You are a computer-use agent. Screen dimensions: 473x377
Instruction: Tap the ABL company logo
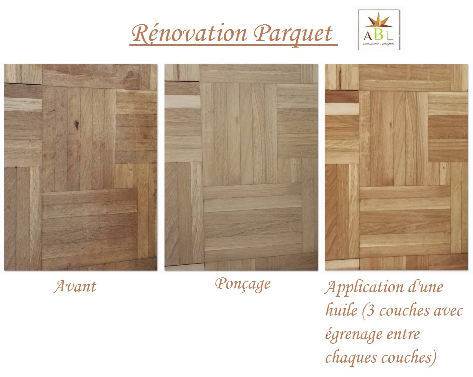click(x=379, y=30)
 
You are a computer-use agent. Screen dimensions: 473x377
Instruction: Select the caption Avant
click(x=75, y=286)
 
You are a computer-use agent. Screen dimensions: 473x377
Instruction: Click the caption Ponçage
click(x=243, y=284)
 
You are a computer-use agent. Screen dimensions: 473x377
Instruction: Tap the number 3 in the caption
click(x=371, y=311)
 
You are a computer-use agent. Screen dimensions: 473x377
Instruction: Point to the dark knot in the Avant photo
click(x=76, y=125)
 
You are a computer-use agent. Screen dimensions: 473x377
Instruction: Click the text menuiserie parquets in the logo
click(x=379, y=44)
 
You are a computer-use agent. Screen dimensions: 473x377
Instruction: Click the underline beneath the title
click(x=234, y=45)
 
